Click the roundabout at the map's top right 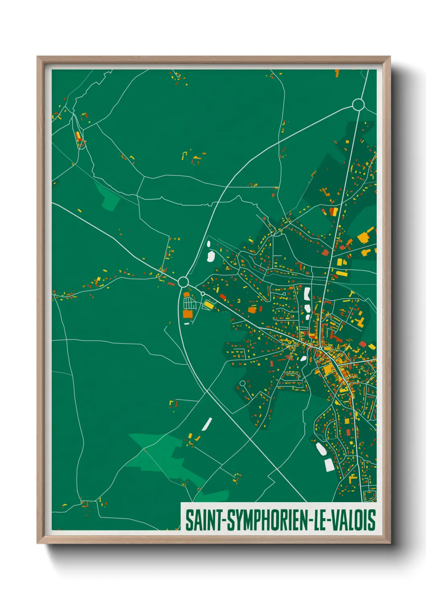click(x=358, y=105)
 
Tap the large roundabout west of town click(x=183, y=281)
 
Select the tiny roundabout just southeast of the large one click(x=203, y=294)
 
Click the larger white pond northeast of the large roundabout click(x=210, y=256)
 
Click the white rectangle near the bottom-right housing click(x=329, y=464)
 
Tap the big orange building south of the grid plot click(x=188, y=313)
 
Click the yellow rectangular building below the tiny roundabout click(x=209, y=305)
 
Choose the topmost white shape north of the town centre click(x=307, y=293)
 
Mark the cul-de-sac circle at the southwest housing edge click(x=242, y=383)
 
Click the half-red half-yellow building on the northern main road click(x=333, y=211)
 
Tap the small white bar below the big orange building click(x=186, y=323)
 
